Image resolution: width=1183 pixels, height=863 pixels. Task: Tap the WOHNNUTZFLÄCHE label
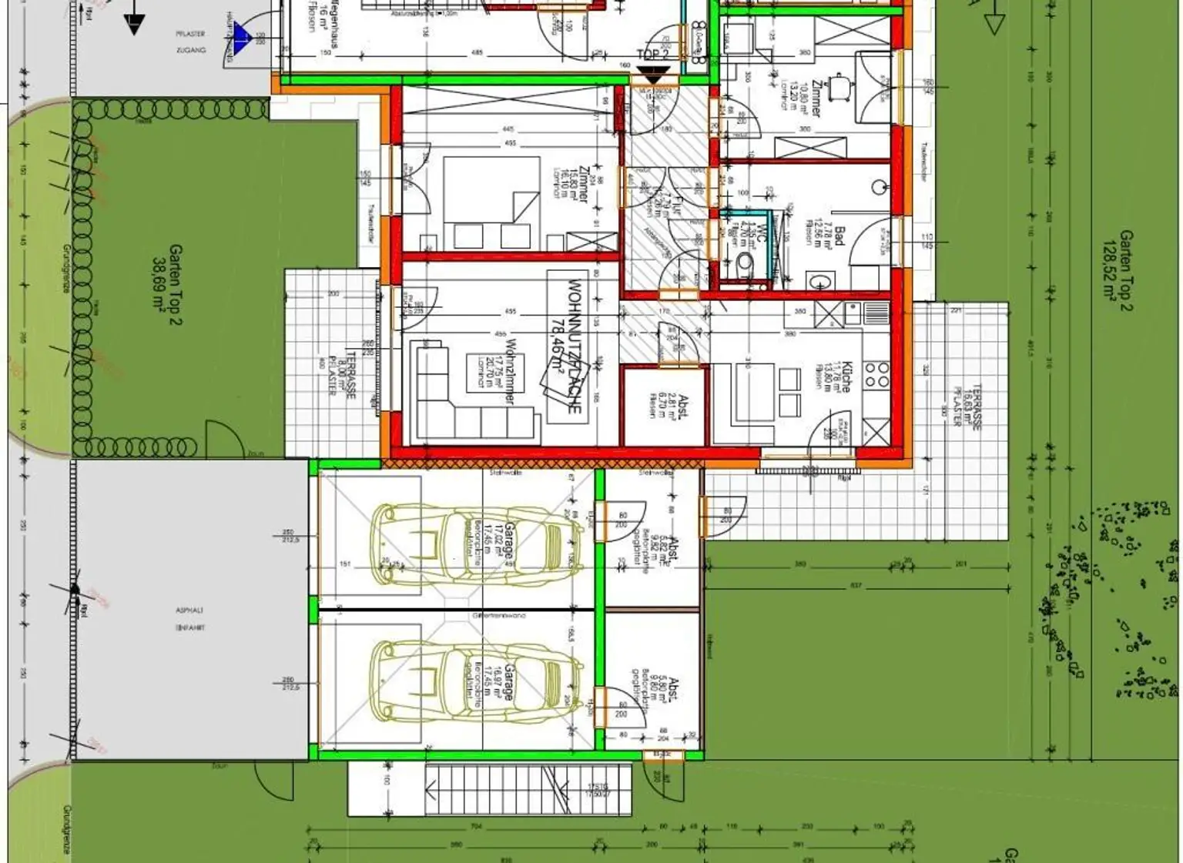click(574, 346)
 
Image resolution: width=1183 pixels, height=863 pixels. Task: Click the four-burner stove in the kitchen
click(876, 375)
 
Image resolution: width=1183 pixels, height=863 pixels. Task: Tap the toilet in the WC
click(745, 263)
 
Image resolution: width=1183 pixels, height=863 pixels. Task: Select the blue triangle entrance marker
click(242, 35)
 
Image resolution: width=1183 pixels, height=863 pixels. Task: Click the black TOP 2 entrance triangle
click(653, 75)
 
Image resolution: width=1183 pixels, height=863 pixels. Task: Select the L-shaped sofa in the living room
click(462, 408)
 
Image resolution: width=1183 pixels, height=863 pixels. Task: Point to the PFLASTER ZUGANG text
click(190, 42)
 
